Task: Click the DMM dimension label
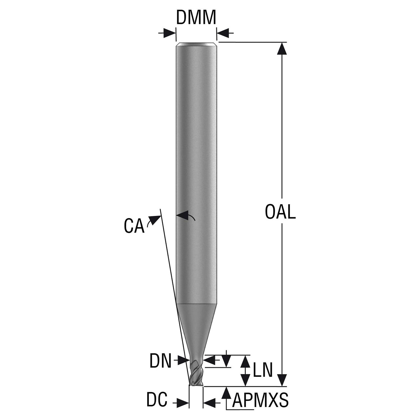click(196, 17)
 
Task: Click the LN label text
click(262, 370)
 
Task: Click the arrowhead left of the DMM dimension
click(170, 33)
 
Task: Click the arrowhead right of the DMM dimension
click(222, 33)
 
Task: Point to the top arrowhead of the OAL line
click(282, 48)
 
